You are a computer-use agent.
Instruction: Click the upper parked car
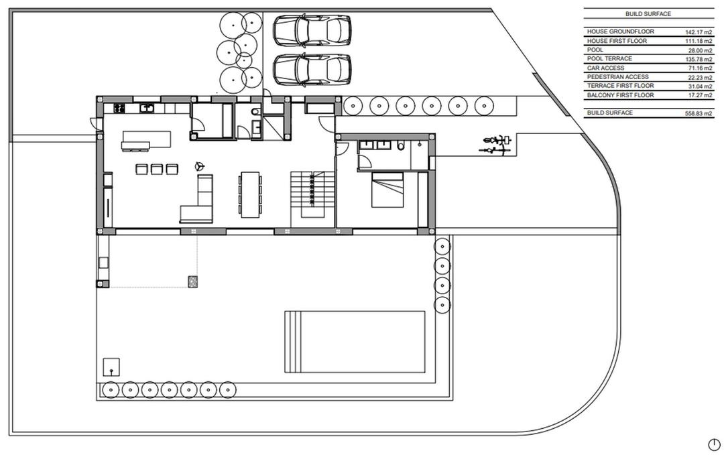[x=312, y=29]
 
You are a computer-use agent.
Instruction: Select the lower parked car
[x=312, y=68]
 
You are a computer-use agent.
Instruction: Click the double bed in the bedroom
[x=388, y=189]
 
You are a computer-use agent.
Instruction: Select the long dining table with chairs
[x=250, y=194]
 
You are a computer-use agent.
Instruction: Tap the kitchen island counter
[x=146, y=140]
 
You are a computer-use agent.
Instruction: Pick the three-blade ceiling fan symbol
[x=198, y=165]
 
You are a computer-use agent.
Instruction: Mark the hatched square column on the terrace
[x=193, y=281]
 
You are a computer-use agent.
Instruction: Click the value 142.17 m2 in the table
[x=699, y=32]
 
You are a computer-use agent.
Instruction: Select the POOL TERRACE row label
[x=609, y=59]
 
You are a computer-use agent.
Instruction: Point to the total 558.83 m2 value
[x=699, y=113]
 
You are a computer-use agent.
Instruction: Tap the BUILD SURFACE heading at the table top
[x=648, y=13]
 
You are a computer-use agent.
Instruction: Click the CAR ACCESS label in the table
[x=605, y=68]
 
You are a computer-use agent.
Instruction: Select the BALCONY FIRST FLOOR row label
[x=620, y=95]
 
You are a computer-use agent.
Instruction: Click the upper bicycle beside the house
[x=497, y=140]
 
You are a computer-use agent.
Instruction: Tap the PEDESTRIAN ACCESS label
[x=617, y=77]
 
